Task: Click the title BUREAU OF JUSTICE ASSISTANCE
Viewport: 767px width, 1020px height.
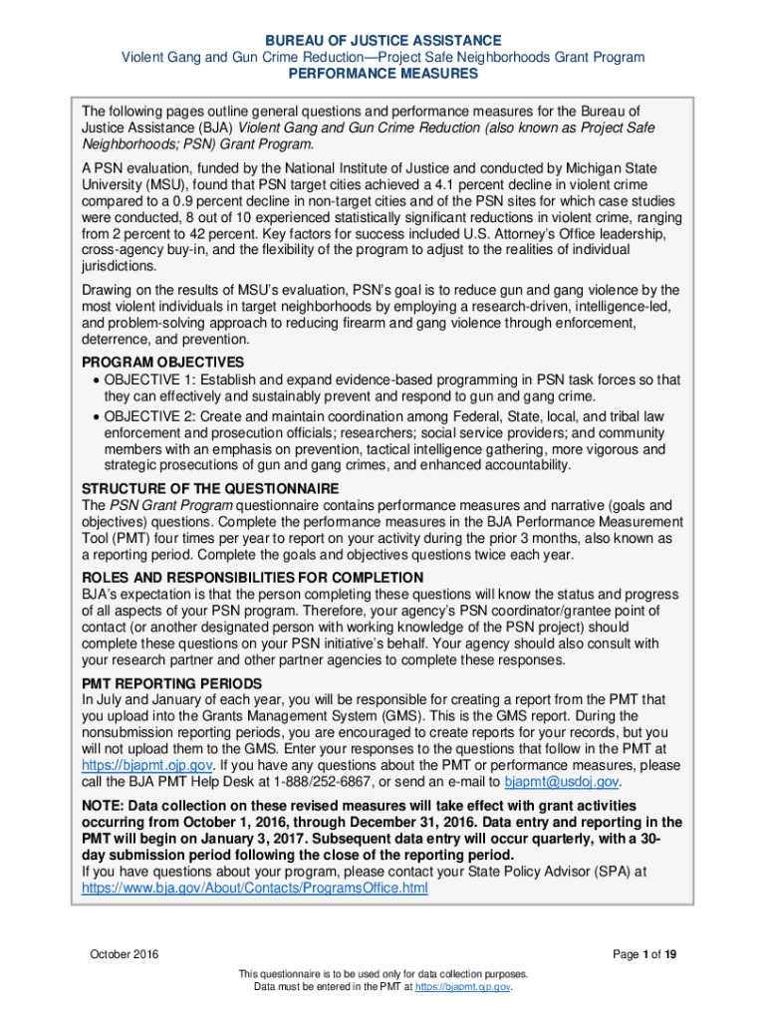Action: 383,40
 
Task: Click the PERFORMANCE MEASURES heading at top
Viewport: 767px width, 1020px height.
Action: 383,75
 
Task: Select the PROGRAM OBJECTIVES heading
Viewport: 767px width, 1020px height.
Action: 162,362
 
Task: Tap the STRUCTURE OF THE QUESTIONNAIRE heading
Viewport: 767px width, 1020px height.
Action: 210,489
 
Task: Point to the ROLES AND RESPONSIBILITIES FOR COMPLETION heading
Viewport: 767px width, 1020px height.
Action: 252,578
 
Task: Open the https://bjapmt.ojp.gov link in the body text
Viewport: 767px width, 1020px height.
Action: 147,765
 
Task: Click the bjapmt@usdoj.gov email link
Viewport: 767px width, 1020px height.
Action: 562,782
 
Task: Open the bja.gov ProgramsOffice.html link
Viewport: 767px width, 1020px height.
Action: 255,888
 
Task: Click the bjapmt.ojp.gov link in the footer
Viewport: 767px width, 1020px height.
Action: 468,986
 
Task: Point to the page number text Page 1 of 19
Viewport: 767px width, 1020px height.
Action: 645,955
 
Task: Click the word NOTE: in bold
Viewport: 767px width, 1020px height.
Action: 104,805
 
